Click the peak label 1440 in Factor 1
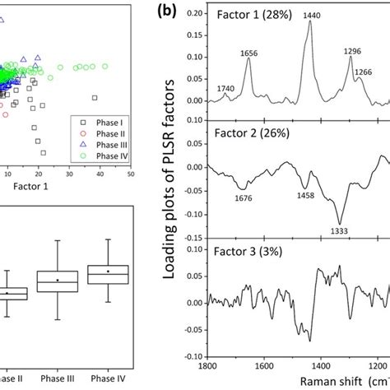coord(311,15)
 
